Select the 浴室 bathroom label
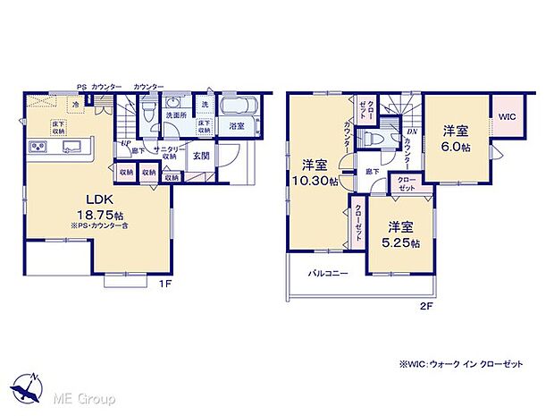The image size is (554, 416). point(236,126)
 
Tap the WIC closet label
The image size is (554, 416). point(508,117)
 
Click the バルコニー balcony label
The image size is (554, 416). point(328,271)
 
